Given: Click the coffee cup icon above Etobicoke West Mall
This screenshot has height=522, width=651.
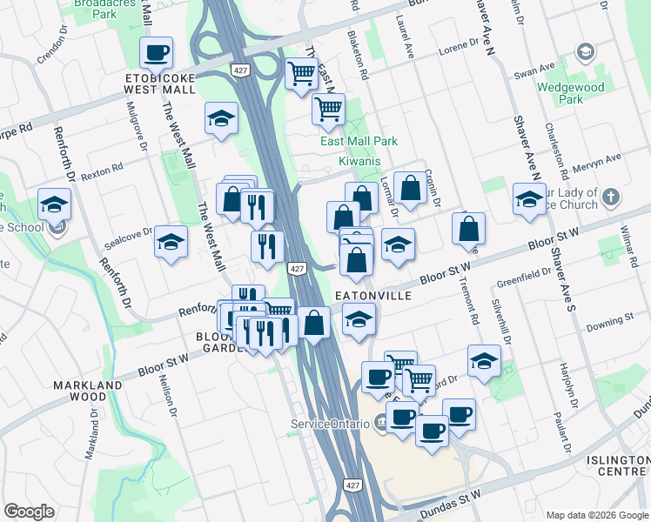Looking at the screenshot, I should pos(157,53).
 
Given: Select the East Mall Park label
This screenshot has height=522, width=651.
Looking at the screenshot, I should pos(359,141).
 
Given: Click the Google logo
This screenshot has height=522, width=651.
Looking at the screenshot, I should pos(29,512).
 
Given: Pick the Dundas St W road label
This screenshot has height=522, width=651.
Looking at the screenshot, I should pos(450,505).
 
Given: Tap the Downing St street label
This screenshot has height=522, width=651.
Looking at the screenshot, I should pos(606,325).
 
